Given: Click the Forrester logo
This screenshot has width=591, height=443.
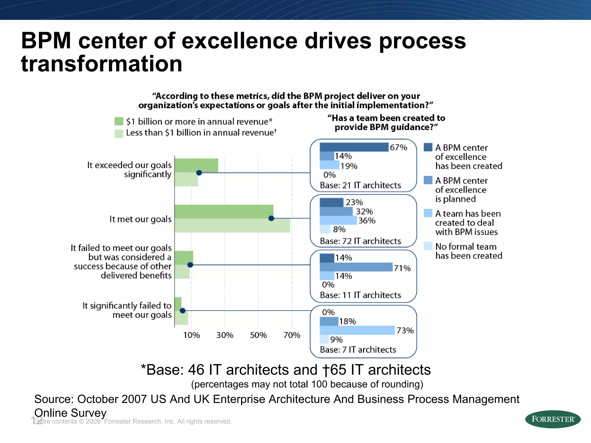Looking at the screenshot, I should [553, 419].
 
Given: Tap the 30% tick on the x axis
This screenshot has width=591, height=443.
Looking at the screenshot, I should [225, 335].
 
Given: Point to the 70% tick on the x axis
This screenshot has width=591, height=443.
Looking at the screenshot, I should [292, 335].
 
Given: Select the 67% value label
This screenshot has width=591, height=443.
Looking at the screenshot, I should [398, 147].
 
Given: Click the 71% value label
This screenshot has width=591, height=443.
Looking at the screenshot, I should [402, 268].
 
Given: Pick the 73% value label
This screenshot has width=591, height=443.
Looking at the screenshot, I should [405, 330].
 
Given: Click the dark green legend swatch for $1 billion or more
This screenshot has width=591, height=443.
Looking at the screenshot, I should [119, 121].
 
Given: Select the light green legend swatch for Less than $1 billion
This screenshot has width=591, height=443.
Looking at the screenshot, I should [119, 133].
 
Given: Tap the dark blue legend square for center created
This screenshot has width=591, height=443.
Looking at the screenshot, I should [428, 147].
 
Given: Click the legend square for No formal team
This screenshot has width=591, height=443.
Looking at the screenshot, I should [428, 246].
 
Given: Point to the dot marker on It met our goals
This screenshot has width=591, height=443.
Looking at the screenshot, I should [271, 218].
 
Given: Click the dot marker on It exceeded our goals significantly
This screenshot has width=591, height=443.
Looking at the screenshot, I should [199, 173].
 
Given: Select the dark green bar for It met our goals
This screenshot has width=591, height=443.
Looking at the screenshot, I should [224, 211].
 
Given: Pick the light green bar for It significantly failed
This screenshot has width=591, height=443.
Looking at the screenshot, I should [181, 318].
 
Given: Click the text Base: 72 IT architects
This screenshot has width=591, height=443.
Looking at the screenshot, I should [360, 241].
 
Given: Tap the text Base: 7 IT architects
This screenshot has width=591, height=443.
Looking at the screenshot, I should [358, 350].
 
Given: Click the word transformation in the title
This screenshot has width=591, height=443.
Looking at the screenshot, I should [102, 64].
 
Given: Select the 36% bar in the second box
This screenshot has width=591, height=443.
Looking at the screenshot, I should [338, 220].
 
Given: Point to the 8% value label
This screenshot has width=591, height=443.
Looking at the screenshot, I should [339, 229].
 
